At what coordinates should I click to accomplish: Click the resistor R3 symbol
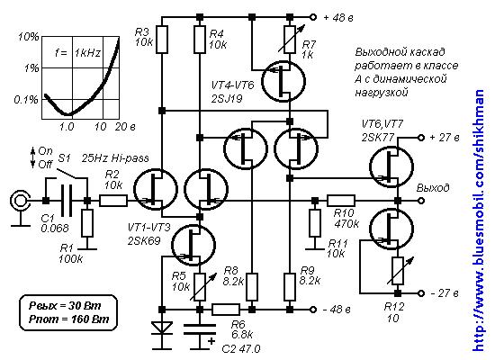162,40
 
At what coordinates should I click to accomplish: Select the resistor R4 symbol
200,40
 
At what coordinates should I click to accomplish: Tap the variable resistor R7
291,40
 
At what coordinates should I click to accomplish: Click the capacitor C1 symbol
67,201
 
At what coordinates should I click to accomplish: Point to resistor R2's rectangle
113,201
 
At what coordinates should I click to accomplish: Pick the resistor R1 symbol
87,223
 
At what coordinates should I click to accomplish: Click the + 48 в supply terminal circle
312,17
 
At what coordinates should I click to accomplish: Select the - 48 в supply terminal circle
312,310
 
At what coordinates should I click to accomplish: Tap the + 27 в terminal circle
420,138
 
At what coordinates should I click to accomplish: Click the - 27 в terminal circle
420,293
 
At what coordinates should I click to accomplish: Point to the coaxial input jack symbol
20,201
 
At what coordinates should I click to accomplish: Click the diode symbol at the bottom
162,328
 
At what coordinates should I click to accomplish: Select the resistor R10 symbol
341,201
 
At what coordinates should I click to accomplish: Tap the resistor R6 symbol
226,310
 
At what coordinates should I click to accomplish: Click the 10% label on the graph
29,37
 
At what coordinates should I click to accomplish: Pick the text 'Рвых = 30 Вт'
65,305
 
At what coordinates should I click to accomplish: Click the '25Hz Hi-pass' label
115,157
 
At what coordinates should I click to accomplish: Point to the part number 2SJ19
228,99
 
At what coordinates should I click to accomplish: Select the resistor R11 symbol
315,223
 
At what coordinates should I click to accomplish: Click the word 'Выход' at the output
433,188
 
